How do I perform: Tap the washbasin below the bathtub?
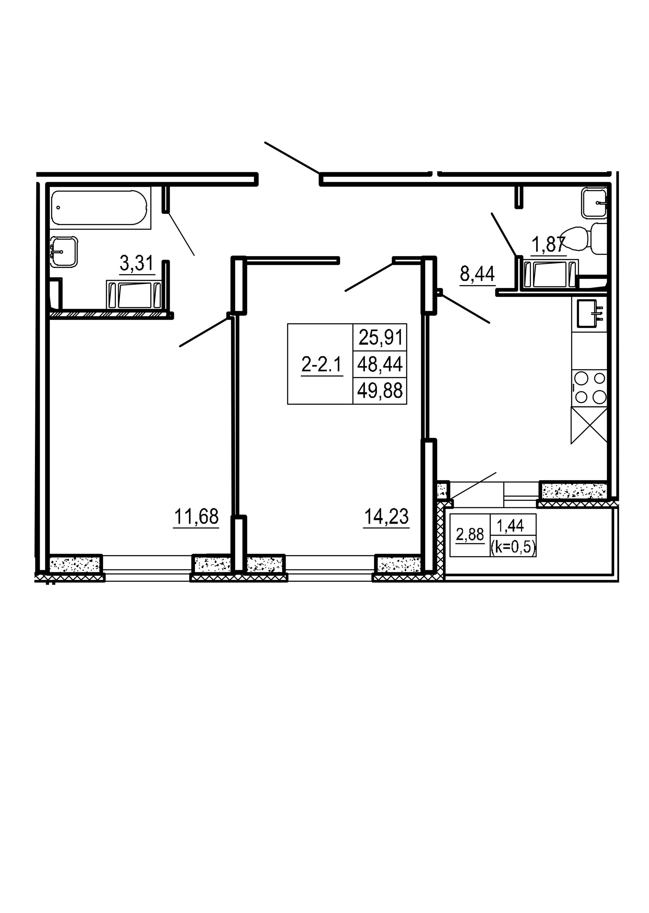pos(64,251)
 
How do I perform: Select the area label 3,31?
pos(137,264)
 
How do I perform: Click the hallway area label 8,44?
pos(478,274)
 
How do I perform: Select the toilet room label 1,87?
pos(548,244)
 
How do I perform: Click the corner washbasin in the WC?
pos(594,203)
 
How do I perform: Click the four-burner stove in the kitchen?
pos(589,388)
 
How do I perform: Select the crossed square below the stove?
pos(589,426)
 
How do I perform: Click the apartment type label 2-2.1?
pos(321,364)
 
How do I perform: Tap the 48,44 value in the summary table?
pos(380,364)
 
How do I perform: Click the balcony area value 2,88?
pos(470,534)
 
